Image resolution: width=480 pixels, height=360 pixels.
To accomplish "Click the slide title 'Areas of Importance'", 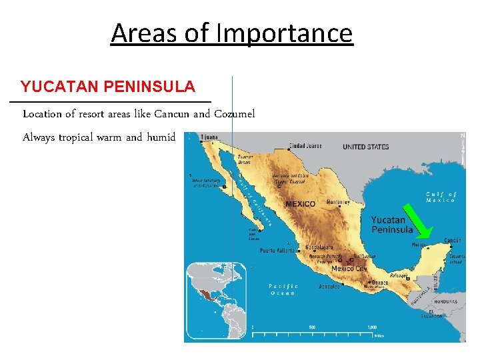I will point(231,33).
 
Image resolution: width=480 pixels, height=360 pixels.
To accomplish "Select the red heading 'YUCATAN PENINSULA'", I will point(107,87).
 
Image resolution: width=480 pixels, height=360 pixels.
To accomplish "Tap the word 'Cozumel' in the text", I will point(234,113).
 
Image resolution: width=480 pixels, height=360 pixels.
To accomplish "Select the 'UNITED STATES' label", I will point(365,147).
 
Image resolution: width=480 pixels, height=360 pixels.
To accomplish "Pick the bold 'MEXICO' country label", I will point(301,204).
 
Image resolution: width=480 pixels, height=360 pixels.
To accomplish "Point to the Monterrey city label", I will point(338,202).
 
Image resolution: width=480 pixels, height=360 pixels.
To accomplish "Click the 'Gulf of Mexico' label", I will point(441,197).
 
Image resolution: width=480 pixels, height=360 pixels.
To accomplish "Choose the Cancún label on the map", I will point(453,240).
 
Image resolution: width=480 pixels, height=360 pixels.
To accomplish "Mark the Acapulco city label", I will point(329,287).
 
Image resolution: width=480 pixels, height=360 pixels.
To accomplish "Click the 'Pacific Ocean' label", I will point(283,289).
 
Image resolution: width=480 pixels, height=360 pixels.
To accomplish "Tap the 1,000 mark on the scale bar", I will point(372,327).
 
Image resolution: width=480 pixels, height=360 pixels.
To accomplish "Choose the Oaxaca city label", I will point(379,282).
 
